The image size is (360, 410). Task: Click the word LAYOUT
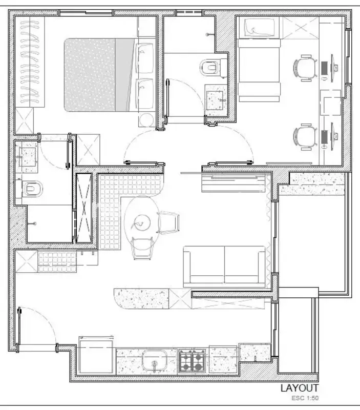pyautogui.click(x=300, y=388)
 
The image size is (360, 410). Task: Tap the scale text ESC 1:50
pyautogui.click(x=305, y=398)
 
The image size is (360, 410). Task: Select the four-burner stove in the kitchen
pyautogui.click(x=192, y=361)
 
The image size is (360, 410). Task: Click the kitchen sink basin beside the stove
pyautogui.click(x=155, y=361)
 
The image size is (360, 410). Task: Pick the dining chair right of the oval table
pyautogui.click(x=168, y=222)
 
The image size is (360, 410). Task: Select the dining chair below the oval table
pyautogui.click(x=142, y=248)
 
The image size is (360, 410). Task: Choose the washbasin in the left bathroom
pyautogui.click(x=27, y=156)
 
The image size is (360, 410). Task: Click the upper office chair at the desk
pyautogui.click(x=305, y=68)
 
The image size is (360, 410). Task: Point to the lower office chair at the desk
pyautogui.click(x=305, y=137)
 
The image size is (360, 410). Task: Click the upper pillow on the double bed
pyautogui.click(x=144, y=58)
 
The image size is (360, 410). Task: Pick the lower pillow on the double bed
pyautogui.click(x=144, y=94)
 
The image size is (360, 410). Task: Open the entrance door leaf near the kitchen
pyautogui.click(x=18, y=329)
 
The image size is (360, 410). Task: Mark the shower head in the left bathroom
pyautogui.click(x=33, y=223)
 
